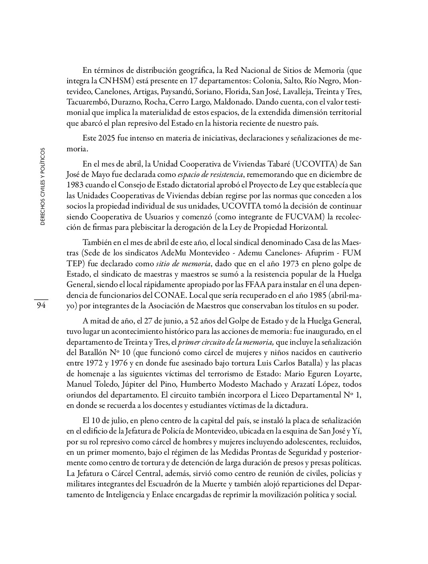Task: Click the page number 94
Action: (41, 306)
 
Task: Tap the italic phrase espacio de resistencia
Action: (210, 175)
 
